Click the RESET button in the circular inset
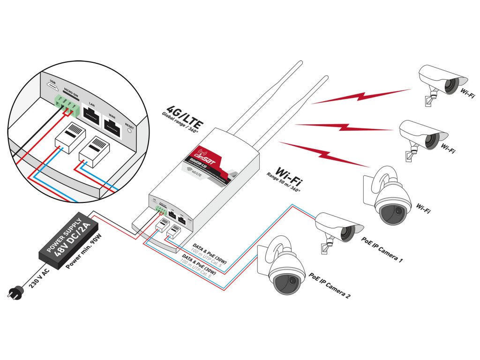[x=129, y=131]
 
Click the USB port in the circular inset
[x=52, y=87]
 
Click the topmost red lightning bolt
[x=361, y=96]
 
